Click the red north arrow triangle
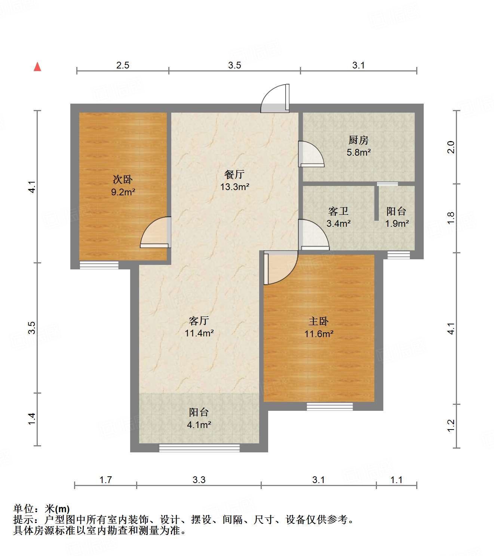[x=37, y=67]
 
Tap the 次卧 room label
[x=123, y=180]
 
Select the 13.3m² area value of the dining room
[x=234, y=187]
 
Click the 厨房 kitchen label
[x=358, y=140]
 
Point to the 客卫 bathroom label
[x=338, y=211]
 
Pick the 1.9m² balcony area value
[x=397, y=224]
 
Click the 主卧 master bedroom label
[x=318, y=321]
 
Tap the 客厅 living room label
[x=199, y=321]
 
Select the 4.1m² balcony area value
[x=199, y=425]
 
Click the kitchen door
[x=310, y=154]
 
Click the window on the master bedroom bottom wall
[x=329, y=406]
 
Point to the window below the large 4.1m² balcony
[x=199, y=448]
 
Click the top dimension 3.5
[x=234, y=65]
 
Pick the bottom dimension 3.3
[x=199, y=480]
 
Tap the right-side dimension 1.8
[x=451, y=218]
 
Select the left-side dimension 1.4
[x=32, y=419]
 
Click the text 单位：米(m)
[x=42, y=509]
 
